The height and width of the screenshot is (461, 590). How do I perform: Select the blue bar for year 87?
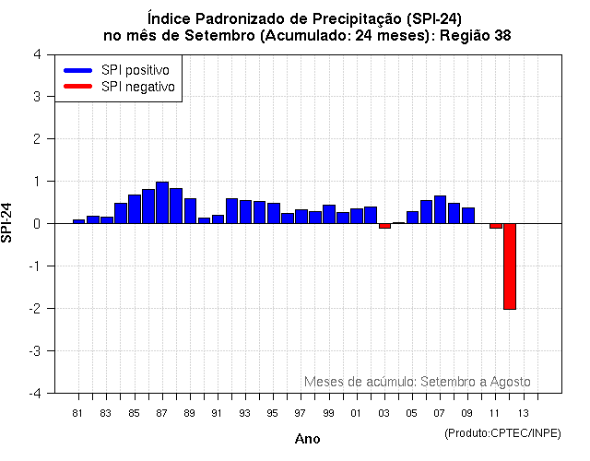(x=161, y=203)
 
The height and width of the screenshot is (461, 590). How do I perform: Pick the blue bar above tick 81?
(x=78, y=221)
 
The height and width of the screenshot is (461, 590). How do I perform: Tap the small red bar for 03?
(x=384, y=226)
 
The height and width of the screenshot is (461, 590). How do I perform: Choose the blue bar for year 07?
(x=440, y=209)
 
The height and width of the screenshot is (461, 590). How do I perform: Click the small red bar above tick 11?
(x=495, y=226)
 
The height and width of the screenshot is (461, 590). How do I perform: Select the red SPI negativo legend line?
(x=77, y=87)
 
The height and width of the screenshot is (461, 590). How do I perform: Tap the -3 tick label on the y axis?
(x=34, y=350)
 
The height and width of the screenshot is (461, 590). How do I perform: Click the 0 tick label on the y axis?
(x=36, y=223)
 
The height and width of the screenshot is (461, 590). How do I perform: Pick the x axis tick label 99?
(x=328, y=413)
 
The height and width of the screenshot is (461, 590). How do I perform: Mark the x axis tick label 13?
(x=523, y=413)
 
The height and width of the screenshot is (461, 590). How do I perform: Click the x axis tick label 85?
(x=134, y=413)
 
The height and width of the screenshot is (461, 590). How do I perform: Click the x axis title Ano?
(x=307, y=439)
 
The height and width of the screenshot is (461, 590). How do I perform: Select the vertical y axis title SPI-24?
(x=8, y=222)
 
